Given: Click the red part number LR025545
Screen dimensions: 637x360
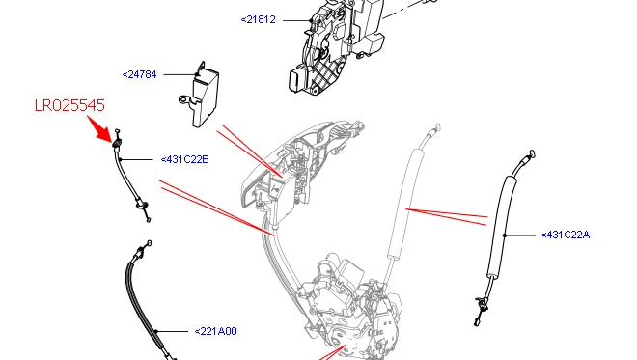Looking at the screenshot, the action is (69, 105).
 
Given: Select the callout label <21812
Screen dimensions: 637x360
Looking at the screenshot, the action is (259, 19).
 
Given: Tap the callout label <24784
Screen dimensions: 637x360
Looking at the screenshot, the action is (139, 74).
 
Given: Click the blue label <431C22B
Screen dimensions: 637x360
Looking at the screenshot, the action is (185, 159).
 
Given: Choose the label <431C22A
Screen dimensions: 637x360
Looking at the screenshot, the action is (566, 235).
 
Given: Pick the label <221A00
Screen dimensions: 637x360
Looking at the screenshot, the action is (216, 332).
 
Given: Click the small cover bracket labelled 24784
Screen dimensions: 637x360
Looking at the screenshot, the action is (200, 96).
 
